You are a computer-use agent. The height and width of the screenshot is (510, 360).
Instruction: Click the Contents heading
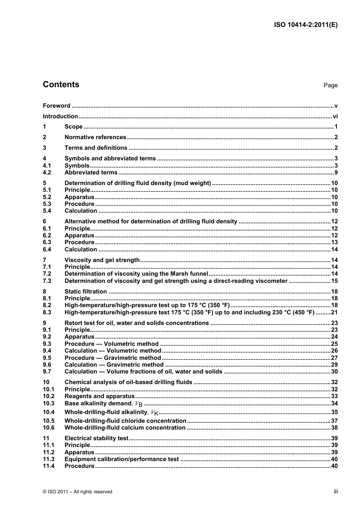point(61,85)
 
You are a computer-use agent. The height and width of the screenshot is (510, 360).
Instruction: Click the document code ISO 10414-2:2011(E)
point(305,25)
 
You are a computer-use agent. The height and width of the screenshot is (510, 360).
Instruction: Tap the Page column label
point(330,85)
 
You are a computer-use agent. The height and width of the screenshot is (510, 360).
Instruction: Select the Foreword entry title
point(56,106)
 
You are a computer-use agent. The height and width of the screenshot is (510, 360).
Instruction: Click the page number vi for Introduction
point(335,116)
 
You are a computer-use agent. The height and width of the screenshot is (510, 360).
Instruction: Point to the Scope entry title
point(74,127)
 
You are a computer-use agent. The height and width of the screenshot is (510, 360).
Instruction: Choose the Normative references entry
point(95,137)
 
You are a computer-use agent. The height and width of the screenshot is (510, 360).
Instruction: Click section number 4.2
point(47,173)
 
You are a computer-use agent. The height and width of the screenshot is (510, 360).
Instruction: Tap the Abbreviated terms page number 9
point(336,173)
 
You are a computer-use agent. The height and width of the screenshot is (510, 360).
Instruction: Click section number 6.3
point(47,242)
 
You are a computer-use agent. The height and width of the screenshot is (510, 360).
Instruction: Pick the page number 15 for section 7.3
point(334,281)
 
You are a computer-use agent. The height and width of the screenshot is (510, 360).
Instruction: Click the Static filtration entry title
point(86,292)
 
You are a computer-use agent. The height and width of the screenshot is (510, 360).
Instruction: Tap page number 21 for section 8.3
point(334,312)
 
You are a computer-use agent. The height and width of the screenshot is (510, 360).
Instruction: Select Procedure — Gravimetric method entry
point(113,358)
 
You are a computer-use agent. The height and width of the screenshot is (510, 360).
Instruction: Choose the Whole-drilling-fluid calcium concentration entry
point(125,428)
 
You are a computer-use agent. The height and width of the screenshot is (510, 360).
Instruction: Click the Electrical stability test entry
point(96,438)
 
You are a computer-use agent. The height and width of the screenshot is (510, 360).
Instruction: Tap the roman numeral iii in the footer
point(336,491)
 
